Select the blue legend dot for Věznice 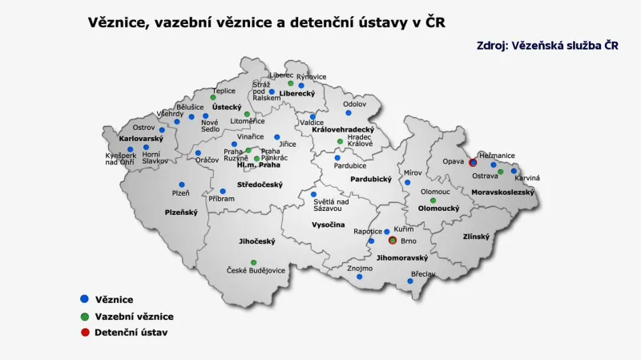tap(84, 299)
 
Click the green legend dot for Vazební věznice tap(84, 316)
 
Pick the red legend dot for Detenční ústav tap(84, 332)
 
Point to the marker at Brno tap(393, 240)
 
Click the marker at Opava tap(473, 161)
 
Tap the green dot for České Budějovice tap(253, 262)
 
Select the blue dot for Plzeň tap(182, 184)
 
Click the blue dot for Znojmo tap(360, 277)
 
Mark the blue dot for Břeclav tap(410, 281)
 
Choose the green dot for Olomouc tap(433, 200)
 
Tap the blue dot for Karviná tap(514, 171)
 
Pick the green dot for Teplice tap(213, 98)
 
